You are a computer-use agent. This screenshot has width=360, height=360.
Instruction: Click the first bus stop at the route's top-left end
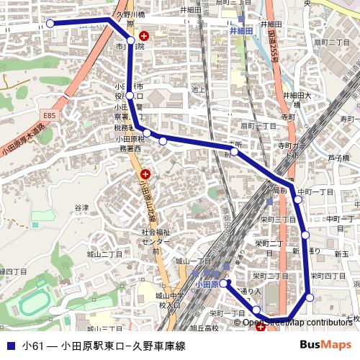(x=50, y=24)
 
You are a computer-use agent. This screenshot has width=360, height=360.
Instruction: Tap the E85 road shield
(x=48, y=115)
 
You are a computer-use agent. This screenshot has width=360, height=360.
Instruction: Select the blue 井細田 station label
(x=242, y=32)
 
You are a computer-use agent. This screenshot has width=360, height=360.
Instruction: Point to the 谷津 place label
(x=81, y=207)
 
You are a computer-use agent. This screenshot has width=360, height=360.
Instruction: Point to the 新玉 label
(x=341, y=254)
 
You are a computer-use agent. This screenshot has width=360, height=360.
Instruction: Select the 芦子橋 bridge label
(x=338, y=158)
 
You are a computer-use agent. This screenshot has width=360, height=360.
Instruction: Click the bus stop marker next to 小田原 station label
(x=223, y=284)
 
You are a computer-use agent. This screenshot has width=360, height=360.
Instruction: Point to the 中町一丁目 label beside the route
(x=316, y=192)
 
